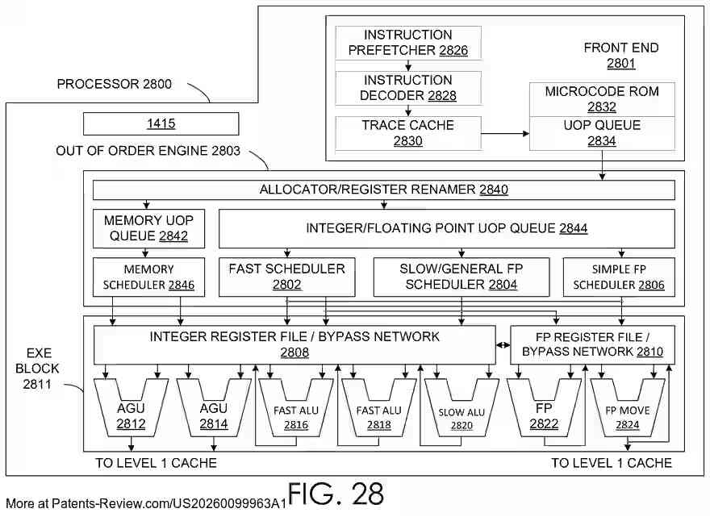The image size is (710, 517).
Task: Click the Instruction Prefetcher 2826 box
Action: pyautogui.click(x=408, y=43)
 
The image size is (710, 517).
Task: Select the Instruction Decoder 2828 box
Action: pyautogui.click(x=408, y=88)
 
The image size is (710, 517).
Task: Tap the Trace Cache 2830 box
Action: pyautogui.click(x=408, y=133)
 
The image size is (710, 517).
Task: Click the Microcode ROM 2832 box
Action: pyautogui.click(x=602, y=99)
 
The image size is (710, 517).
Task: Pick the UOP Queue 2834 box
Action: pyautogui.click(x=602, y=133)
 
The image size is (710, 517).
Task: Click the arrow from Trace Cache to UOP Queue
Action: pyautogui.click(x=505, y=134)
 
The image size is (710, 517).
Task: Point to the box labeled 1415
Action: pyautogui.click(x=161, y=123)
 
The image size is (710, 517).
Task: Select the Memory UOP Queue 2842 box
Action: pyautogui.click(x=148, y=228)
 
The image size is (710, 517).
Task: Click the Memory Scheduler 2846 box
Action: pyautogui.click(x=148, y=277)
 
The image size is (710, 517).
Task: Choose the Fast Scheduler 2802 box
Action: pyautogui.click(x=286, y=277)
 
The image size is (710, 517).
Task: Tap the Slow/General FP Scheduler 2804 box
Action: pyautogui.click(x=461, y=277)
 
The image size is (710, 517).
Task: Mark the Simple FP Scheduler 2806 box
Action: pyautogui.click(x=619, y=277)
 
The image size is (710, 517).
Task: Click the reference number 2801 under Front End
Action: pyautogui.click(x=620, y=64)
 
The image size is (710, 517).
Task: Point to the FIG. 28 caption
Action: pyautogui.click(x=336, y=494)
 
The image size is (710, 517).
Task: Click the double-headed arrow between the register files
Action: pyautogui.click(x=503, y=345)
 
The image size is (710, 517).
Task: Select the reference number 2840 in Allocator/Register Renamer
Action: pyautogui.click(x=494, y=190)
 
